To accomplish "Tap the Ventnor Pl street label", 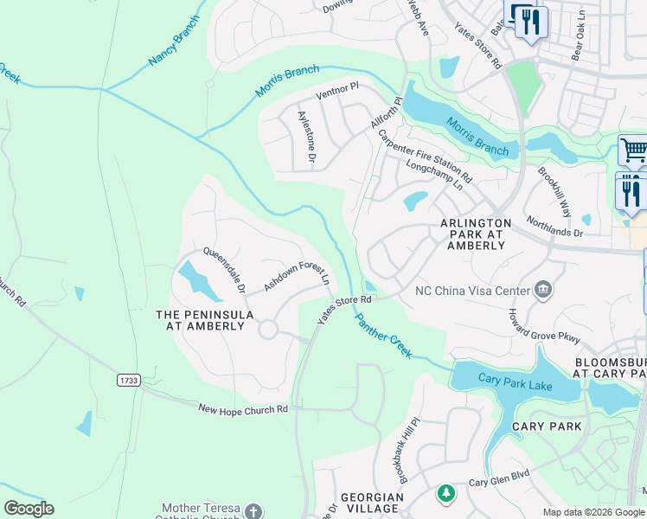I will click(x=337, y=91).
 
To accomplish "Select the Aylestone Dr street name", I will click(x=307, y=137).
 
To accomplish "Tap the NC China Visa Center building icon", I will click(x=544, y=289).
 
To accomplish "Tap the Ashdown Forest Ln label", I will click(x=297, y=275).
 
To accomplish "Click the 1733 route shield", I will click(x=128, y=380).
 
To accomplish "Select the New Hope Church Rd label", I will click(x=242, y=409).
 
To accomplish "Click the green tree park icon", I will click(x=445, y=493).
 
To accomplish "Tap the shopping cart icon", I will click(x=633, y=151).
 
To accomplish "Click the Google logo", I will click(x=29, y=509).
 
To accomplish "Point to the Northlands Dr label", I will click(x=554, y=227).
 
